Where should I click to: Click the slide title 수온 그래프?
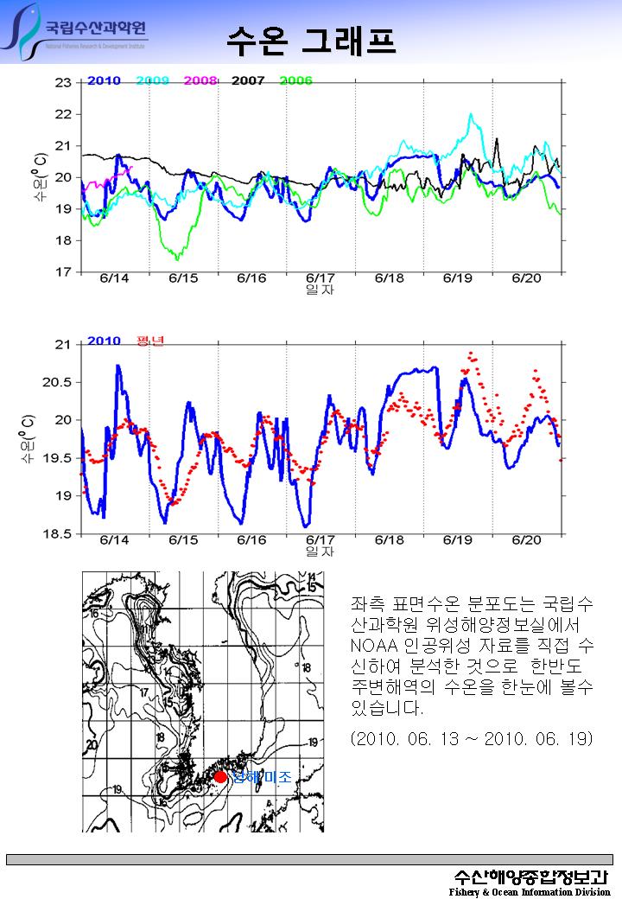pyautogui.click(x=311, y=40)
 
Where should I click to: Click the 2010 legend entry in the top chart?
pyautogui.click(x=104, y=80)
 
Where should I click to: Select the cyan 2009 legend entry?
pyautogui.click(x=153, y=80)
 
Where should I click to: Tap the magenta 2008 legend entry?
pyautogui.click(x=200, y=80)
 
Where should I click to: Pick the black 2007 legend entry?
pyautogui.click(x=249, y=80)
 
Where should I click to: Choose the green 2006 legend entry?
pyautogui.click(x=295, y=80)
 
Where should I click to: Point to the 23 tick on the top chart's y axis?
pyautogui.click(x=63, y=83)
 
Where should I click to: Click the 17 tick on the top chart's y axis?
pyautogui.click(x=63, y=272)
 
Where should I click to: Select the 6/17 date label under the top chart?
pyautogui.click(x=320, y=278)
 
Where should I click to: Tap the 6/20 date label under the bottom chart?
pyautogui.click(x=526, y=539)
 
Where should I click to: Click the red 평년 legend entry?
pyautogui.click(x=149, y=341)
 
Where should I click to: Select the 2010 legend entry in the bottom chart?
pyautogui.click(x=104, y=341)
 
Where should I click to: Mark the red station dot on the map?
pyautogui.click(x=221, y=776)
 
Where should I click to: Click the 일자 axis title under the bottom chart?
pyautogui.click(x=320, y=552)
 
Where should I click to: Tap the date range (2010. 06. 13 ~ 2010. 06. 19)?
pyautogui.click(x=472, y=739)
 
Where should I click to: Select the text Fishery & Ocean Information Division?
pyautogui.click(x=530, y=891)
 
